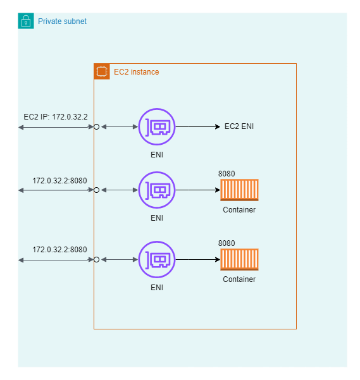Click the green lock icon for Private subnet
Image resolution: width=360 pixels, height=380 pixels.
26,21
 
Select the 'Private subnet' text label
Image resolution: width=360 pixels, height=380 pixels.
62,21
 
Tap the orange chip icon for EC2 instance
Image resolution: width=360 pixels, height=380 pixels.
101,71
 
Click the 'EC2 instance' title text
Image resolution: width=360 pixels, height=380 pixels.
136,72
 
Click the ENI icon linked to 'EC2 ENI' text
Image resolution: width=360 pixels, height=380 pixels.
156,126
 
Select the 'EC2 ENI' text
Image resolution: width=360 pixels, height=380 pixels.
240,126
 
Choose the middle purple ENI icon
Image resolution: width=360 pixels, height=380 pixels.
156,190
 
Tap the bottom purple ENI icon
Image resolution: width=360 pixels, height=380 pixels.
156,259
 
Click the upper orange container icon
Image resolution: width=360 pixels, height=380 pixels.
239,190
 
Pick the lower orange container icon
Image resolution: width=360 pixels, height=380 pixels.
239,259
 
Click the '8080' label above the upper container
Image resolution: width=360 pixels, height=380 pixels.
227,173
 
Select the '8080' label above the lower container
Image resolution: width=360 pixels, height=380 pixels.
227,243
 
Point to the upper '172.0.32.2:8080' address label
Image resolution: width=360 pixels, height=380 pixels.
59,180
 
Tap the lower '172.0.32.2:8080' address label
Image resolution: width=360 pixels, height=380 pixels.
59,250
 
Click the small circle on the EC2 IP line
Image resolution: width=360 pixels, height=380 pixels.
96,126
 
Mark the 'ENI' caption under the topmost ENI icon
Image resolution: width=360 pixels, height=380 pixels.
156,154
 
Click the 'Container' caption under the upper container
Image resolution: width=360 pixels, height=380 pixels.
239,209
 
